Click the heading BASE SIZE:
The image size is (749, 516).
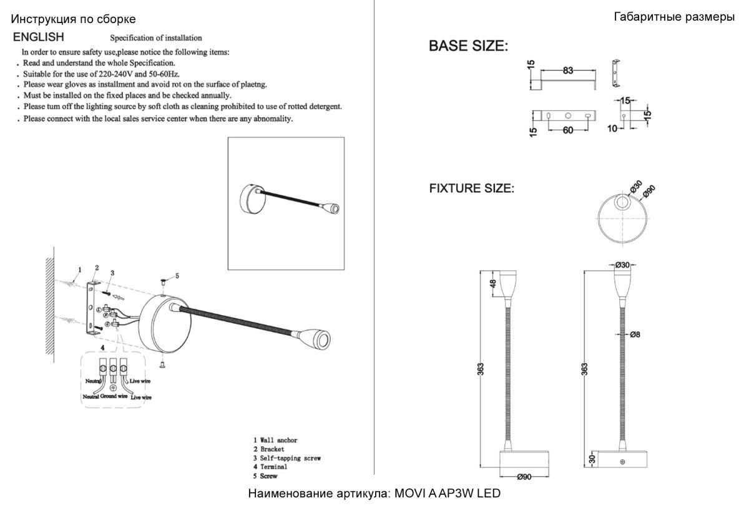[468, 46]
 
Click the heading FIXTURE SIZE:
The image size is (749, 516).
[472, 188]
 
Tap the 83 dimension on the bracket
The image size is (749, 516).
[567, 71]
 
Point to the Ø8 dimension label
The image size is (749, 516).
[635, 334]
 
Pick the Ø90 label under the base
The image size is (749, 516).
[524, 477]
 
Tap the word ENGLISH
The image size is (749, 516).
[39, 37]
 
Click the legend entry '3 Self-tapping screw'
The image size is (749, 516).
[287, 458]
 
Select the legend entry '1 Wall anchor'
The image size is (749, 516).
[275, 441]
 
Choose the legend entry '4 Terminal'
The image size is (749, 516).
[270, 467]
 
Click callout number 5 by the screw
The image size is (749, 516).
[177, 275]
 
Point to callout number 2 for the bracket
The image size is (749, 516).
[96, 268]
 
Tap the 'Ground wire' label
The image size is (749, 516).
[114, 396]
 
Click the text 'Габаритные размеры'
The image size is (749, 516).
[674, 17]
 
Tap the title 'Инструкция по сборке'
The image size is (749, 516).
[74, 20]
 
